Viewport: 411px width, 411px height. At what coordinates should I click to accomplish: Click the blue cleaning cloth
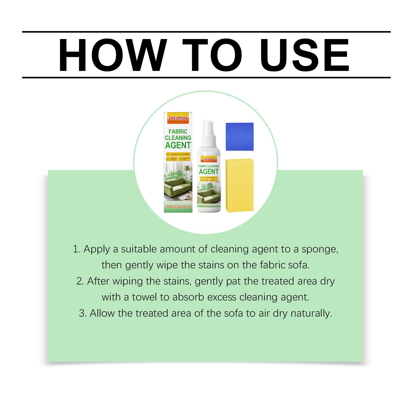click(x=240, y=137)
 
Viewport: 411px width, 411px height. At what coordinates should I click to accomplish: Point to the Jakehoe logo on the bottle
click(x=209, y=159)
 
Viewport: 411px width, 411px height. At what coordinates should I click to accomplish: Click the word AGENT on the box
click(x=178, y=145)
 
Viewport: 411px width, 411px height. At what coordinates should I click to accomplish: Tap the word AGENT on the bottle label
click(x=209, y=171)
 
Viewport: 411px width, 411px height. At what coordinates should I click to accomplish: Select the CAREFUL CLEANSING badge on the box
click(x=178, y=154)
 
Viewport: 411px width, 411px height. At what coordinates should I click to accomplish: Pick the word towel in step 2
click(x=144, y=297)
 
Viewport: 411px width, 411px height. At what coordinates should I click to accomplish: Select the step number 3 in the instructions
click(x=82, y=313)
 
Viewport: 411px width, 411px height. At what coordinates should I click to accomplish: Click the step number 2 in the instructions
click(x=80, y=281)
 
